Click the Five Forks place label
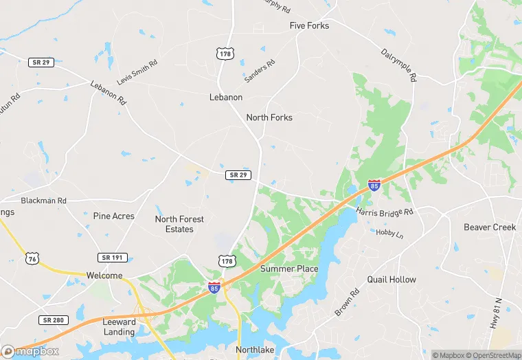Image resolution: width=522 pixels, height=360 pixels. coord(309,25)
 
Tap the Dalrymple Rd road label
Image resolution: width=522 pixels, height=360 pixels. coord(399,65)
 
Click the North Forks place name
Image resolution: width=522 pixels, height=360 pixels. coord(269,117)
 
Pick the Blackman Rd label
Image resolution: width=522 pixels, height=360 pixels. coord(43,201)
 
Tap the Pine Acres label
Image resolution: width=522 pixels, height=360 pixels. coord(114,216)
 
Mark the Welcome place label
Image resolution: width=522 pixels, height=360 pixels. coord(104,275)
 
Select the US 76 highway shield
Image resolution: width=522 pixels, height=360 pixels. coord(31,258)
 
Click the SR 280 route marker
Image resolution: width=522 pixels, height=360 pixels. coord(52,320)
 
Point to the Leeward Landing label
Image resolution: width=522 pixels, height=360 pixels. coord(119,327)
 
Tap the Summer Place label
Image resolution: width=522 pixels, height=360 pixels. coord(289,269)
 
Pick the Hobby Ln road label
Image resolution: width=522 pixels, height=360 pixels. coord(389,234)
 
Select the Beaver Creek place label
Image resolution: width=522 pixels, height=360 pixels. coord(490,227)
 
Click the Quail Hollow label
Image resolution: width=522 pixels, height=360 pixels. coord(391,280)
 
